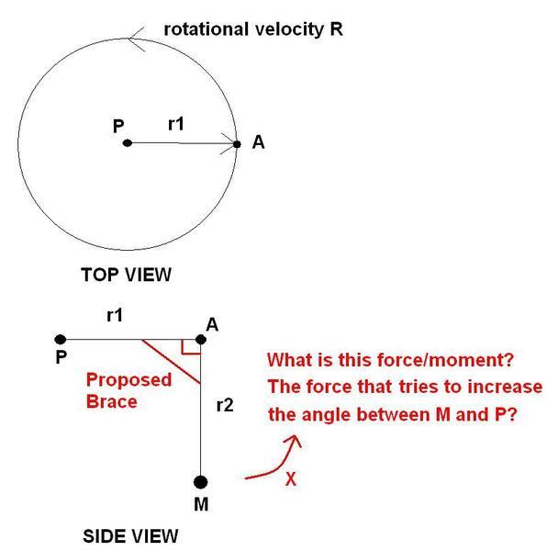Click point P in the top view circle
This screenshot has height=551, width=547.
click(x=128, y=143)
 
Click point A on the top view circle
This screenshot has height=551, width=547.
click(x=237, y=144)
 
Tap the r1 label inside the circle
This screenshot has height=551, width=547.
click(x=176, y=124)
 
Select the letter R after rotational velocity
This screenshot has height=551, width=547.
click(x=336, y=29)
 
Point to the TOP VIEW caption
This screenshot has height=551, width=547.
click(x=126, y=275)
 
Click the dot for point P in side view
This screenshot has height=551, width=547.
click(x=61, y=340)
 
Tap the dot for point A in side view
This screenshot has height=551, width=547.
click(x=200, y=340)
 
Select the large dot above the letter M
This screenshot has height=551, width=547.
click(x=200, y=482)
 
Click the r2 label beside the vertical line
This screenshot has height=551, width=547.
click(x=225, y=406)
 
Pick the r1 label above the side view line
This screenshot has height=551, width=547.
click(x=115, y=315)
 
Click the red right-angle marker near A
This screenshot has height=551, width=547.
click(x=190, y=346)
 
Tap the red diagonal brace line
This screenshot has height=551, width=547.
click(x=171, y=361)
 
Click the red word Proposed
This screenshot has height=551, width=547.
click(x=128, y=380)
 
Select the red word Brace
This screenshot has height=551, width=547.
click(x=112, y=401)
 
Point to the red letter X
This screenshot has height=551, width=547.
click(x=291, y=478)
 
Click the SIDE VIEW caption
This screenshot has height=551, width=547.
click(x=130, y=536)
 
